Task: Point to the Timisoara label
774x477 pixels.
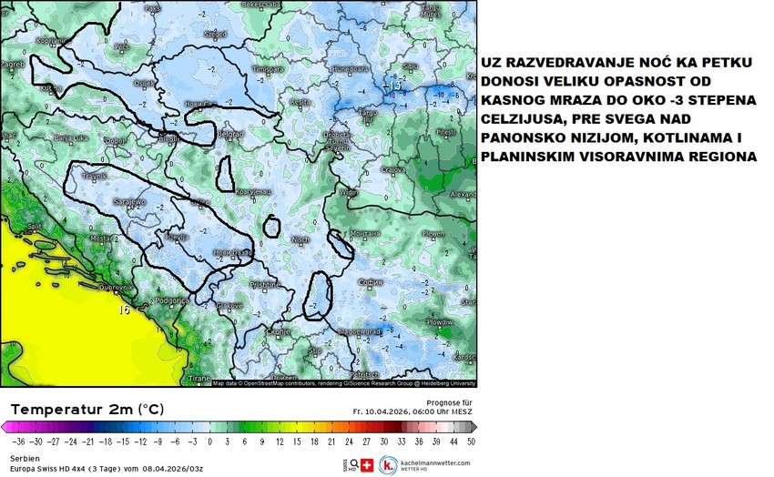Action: tap(268, 69)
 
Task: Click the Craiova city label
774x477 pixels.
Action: tap(392, 169)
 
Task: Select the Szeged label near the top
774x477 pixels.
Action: tap(216, 34)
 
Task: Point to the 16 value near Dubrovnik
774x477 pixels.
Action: tap(122, 310)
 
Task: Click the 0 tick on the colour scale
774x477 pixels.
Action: tap(210, 441)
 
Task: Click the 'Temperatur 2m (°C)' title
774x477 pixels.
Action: tap(87, 410)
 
